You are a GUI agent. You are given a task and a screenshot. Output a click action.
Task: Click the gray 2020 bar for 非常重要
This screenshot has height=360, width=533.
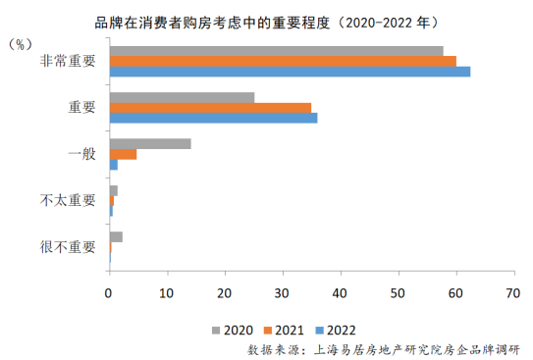(277, 51)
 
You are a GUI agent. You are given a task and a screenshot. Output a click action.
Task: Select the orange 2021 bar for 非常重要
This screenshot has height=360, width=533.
(283, 62)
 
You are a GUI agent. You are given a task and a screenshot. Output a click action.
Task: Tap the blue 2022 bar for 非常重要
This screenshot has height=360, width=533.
(291, 72)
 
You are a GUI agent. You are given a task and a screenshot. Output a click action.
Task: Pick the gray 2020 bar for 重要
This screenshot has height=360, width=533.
(183, 97)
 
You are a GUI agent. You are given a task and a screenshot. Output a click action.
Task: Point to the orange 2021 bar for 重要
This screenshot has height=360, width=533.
(211, 108)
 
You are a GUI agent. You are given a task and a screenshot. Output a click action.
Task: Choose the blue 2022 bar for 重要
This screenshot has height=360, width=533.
(214, 118)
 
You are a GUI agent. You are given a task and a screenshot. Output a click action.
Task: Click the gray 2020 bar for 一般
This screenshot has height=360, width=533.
(150, 144)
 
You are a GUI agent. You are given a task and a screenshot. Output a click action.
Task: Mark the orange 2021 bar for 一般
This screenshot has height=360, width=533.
(124, 154)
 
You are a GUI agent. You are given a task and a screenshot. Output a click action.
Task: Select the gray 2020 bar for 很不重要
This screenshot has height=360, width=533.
(116, 237)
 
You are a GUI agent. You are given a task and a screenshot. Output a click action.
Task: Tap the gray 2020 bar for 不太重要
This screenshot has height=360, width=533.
(114, 191)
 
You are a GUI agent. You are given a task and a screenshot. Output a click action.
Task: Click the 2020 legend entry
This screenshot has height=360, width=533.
(233, 331)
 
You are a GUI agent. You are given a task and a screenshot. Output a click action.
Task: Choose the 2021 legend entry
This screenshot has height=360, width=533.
(284, 331)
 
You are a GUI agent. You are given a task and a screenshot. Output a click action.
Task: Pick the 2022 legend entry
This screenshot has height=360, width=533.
(336, 331)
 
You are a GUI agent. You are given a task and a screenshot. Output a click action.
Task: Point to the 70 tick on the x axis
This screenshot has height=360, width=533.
(514, 273)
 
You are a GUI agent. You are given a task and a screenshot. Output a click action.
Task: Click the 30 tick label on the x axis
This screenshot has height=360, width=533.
(282, 293)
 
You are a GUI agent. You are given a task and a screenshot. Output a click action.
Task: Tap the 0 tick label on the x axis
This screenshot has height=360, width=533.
(108, 293)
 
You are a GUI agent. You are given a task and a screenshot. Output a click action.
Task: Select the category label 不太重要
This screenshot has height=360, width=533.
(68, 200)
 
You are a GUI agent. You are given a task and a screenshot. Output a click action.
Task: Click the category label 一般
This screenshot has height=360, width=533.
(81, 154)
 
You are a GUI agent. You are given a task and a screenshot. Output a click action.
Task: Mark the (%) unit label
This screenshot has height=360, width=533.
(21, 44)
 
